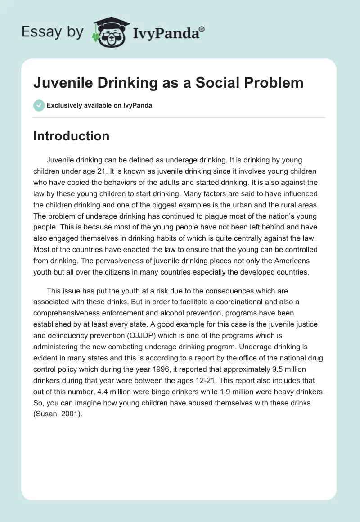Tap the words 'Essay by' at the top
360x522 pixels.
(52, 32)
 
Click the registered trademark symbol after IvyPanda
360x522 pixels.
(202, 30)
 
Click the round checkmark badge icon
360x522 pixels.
(39, 105)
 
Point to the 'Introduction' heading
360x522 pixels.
(71, 136)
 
